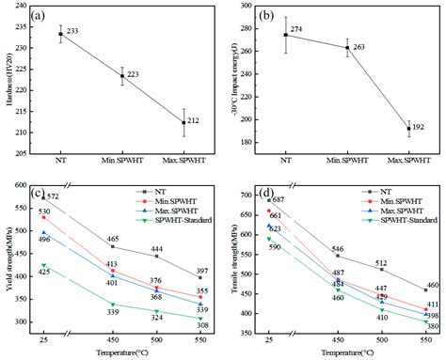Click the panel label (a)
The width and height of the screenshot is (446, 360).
pyautogui.click(x=40, y=17)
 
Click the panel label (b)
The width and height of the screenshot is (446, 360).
pyautogui.click(x=266, y=17)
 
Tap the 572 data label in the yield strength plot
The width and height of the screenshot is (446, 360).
pyautogui.click(x=53, y=196)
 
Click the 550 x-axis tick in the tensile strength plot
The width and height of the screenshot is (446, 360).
pyautogui.click(x=424, y=343)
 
